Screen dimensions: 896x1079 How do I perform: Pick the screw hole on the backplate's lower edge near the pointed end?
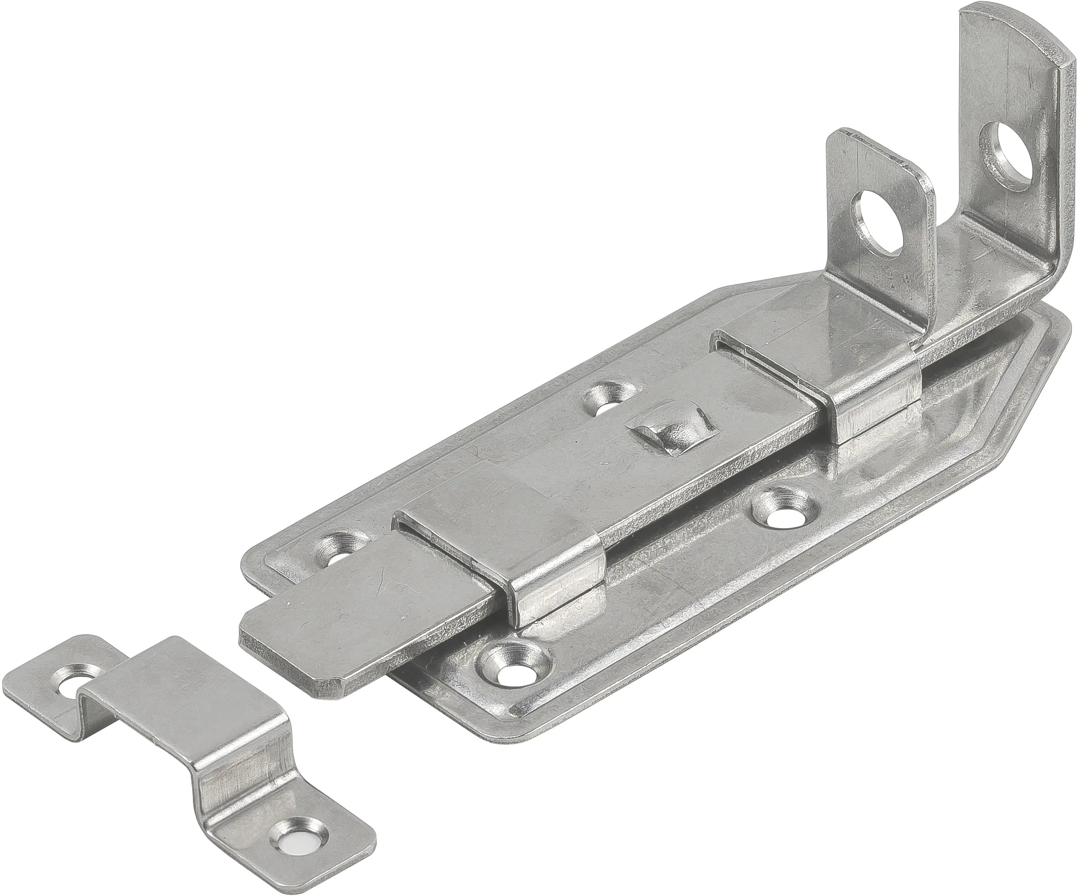click(x=781, y=509)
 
